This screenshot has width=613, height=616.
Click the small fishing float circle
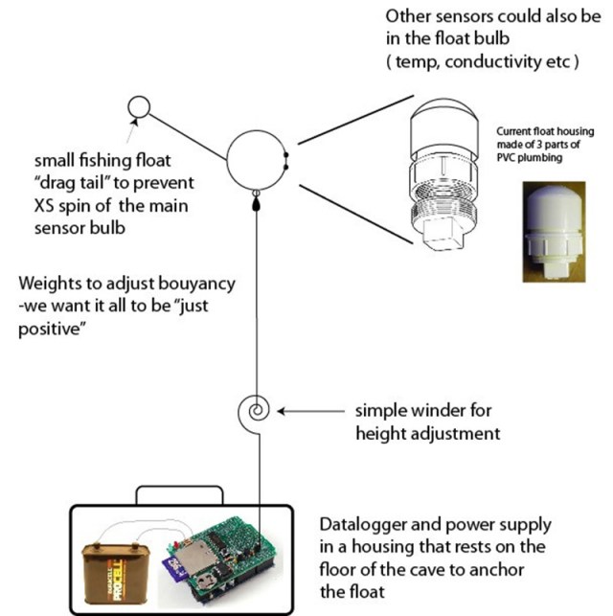pos(138,105)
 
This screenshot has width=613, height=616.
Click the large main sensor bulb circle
pos(255,160)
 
